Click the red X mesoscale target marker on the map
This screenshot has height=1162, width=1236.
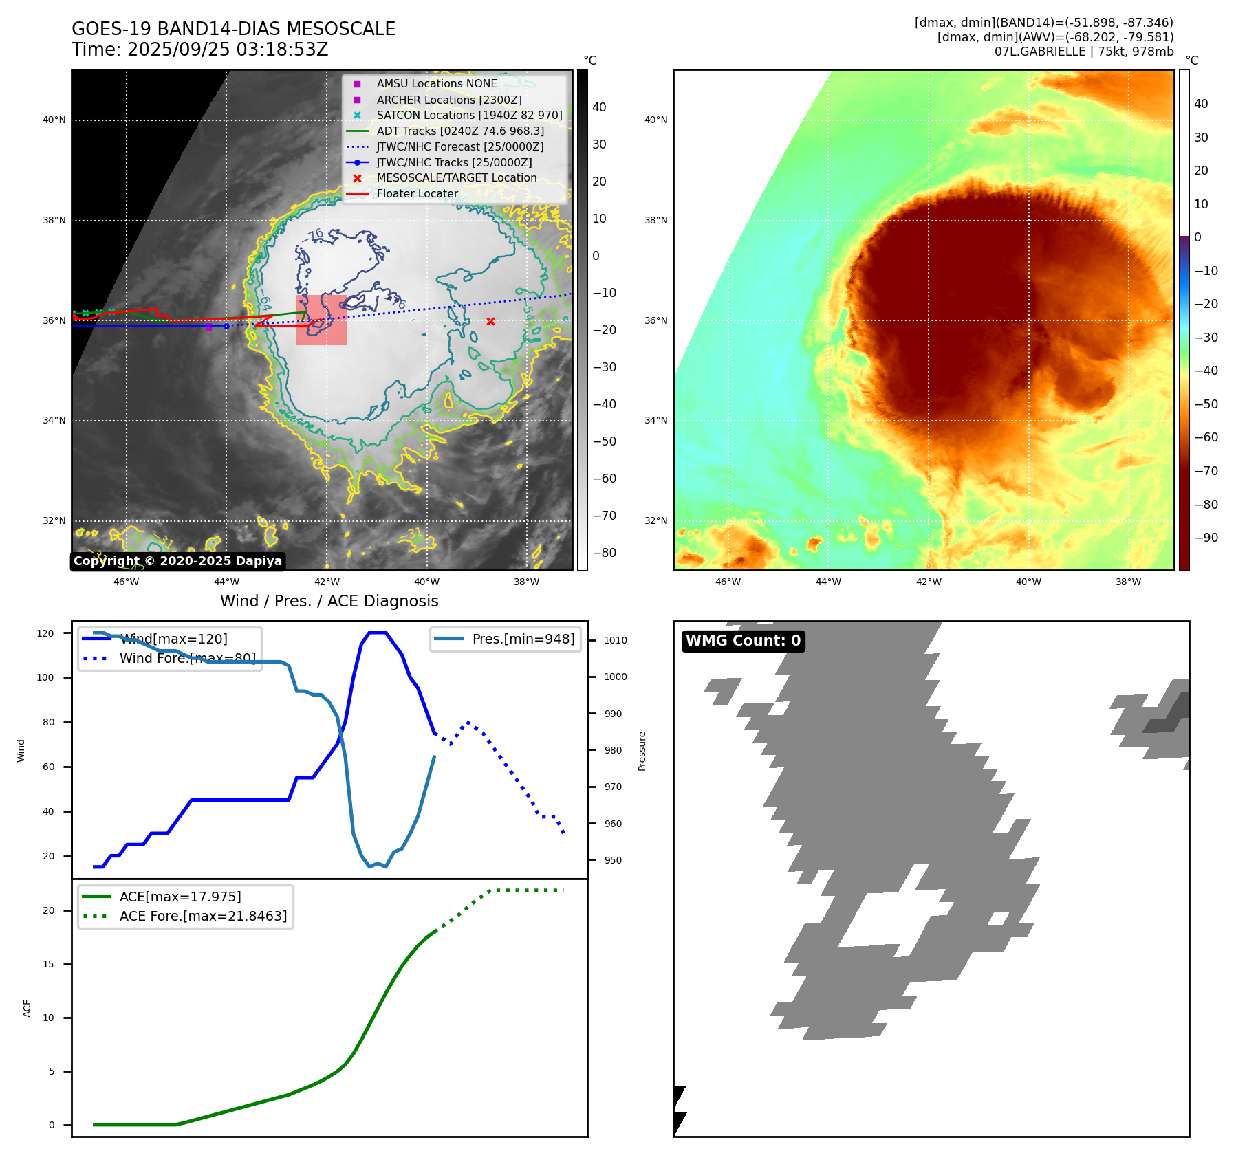click(x=490, y=321)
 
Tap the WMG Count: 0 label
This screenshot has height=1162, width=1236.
click(x=743, y=641)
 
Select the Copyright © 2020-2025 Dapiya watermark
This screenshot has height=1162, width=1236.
click(x=177, y=561)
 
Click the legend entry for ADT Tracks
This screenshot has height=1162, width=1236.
click(x=459, y=131)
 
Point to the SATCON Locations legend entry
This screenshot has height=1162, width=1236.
click(x=468, y=115)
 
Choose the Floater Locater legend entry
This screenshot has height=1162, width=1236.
click(x=417, y=193)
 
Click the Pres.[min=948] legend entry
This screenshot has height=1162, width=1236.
click(x=523, y=639)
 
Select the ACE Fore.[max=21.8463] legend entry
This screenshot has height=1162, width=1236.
click(x=203, y=916)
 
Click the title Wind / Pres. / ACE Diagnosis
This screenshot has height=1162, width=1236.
click(x=329, y=601)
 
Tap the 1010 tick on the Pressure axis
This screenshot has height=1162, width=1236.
click(x=616, y=640)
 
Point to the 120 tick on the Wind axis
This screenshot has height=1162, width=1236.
click(x=45, y=633)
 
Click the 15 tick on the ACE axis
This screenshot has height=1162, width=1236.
click(x=48, y=964)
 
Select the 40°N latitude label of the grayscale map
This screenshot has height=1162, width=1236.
click(x=54, y=120)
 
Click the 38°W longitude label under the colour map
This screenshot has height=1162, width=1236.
click(x=1128, y=582)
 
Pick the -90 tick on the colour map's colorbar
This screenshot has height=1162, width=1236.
click(x=1206, y=538)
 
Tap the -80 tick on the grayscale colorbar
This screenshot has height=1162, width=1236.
click(x=605, y=553)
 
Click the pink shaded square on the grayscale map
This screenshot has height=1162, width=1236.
click(x=321, y=320)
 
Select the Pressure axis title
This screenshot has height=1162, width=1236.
click(x=642, y=751)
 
